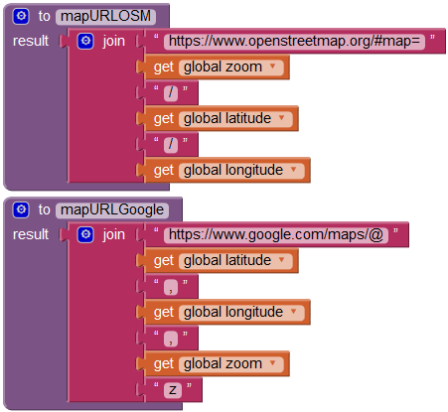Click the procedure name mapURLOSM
pyautogui.click(x=105, y=16)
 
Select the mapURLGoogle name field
pyautogui.click(x=112, y=209)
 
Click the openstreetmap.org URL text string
pyautogui.click(x=294, y=42)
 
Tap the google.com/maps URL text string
pyautogui.click(x=276, y=235)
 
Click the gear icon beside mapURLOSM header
pyautogui.click(x=21, y=16)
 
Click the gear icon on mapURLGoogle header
pyautogui.click(x=21, y=209)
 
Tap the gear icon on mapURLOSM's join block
pyautogui.click(x=85, y=42)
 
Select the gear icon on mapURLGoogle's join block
pyautogui.click(x=85, y=235)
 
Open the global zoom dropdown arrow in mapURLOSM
pyautogui.click(x=272, y=67)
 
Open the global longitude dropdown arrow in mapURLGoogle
pyautogui.click(x=293, y=312)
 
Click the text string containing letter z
pyautogui.click(x=173, y=390)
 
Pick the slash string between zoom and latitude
pyautogui.click(x=171, y=93)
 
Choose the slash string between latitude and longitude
pyautogui.click(x=171, y=145)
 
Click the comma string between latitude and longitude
pyautogui.click(x=171, y=287)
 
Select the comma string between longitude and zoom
pyautogui.click(x=171, y=339)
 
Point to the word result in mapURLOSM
pyautogui.click(x=31, y=41)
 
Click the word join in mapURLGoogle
pyautogui.click(x=113, y=235)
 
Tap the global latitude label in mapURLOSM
pyautogui.click(x=227, y=118)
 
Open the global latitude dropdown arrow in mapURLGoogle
pyautogui.click(x=282, y=260)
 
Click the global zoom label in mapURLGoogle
pyautogui.click(x=223, y=363)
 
